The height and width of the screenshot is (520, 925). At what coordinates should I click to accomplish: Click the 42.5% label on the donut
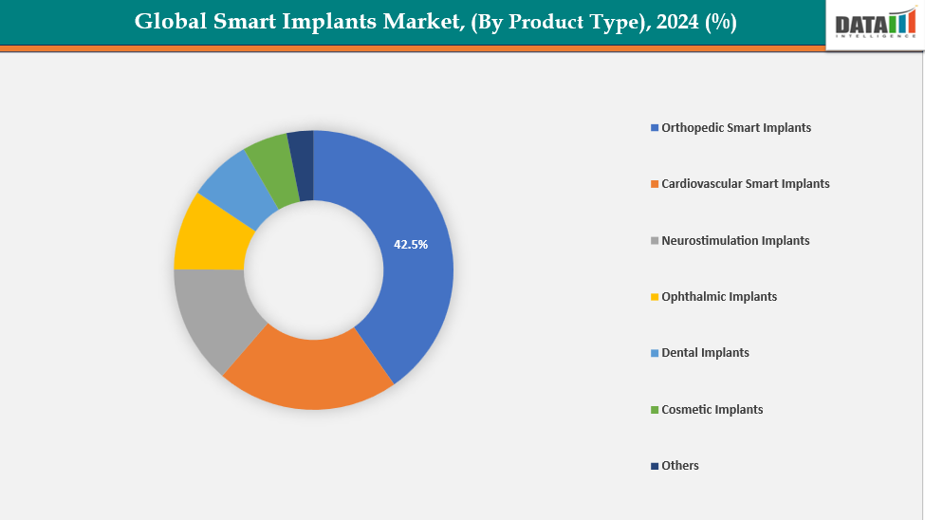[411, 244]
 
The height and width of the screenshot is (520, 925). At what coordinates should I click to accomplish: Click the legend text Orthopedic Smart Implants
[736, 127]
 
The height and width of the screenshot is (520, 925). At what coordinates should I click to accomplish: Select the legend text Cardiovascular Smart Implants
[746, 183]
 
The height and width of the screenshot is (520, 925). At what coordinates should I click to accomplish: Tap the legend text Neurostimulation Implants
[735, 240]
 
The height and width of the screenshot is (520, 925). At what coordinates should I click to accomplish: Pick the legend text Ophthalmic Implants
[719, 296]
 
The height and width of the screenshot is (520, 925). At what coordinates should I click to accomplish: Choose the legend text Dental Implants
[705, 352]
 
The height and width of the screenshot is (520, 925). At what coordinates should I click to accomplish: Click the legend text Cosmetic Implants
[712, 409]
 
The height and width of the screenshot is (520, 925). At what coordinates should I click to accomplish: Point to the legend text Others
[680, 465]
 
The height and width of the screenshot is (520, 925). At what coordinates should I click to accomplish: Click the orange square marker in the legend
[654, 184]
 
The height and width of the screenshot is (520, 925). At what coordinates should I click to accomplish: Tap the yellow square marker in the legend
[654, 297]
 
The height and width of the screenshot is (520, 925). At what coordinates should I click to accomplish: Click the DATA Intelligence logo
[875, 24]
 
